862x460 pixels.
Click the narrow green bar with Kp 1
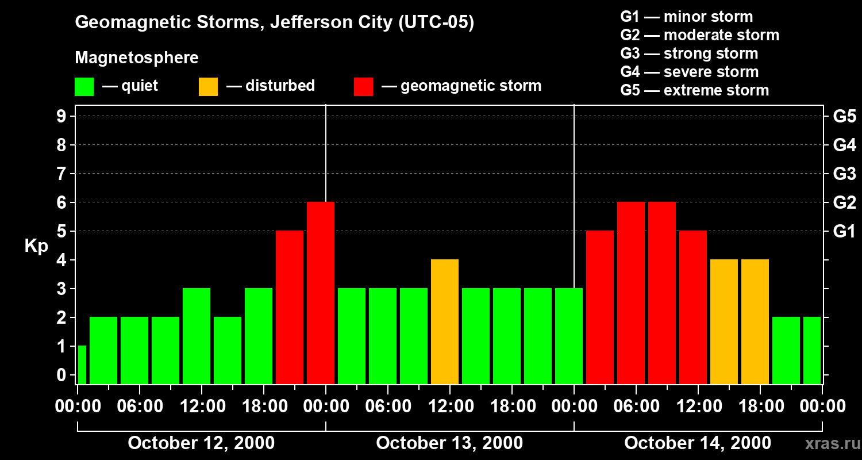pos(82,365)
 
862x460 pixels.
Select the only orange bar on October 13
pos(445,321)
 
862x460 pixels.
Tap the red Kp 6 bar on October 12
pos(321,293)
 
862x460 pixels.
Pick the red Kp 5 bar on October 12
pos(290,307)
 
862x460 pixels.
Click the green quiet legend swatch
pos(84,87)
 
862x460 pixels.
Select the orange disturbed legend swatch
pos(208,87)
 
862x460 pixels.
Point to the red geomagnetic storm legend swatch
pos(363,87)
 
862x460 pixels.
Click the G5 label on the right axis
pos(844,117)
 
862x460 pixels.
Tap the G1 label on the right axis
pos(844,232)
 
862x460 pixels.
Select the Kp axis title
pos(36,246)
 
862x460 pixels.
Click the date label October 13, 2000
pos(449,443)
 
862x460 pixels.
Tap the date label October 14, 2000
pos(698,443)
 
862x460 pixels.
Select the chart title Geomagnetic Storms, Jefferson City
pos(275,22)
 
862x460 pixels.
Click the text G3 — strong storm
pos(689,53)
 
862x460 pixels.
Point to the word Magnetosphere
pos(137,58)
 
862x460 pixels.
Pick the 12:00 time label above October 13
pos(450,407)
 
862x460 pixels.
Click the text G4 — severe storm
pos(690,72)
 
